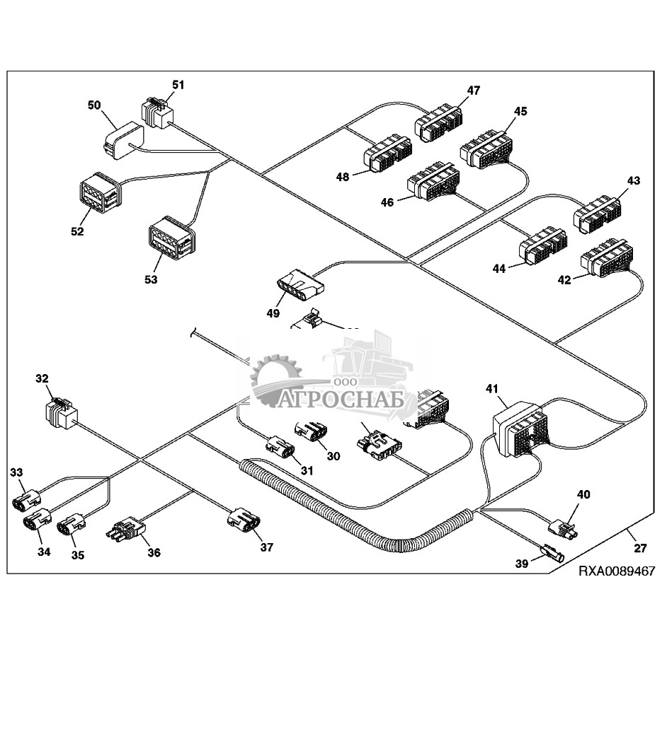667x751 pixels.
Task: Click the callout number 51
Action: click(178, 86)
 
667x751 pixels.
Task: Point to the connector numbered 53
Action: click(170, 239)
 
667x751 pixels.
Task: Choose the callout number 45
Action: click(520, 111)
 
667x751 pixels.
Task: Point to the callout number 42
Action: click(564, 280)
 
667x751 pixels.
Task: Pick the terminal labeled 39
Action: click(552, 551)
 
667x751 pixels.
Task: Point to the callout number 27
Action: click(640, 547)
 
